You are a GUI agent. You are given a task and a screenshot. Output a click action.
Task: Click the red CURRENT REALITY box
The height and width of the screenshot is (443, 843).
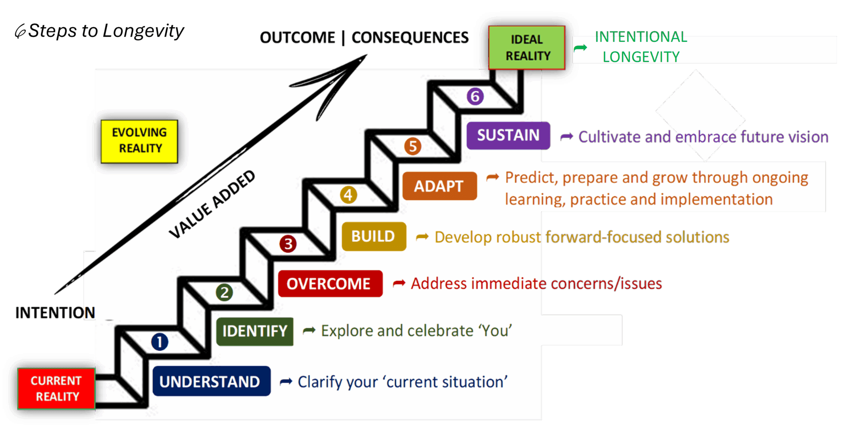point(56,389)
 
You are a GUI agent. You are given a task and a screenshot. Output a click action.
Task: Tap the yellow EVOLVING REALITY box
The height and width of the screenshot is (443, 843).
point(139,141)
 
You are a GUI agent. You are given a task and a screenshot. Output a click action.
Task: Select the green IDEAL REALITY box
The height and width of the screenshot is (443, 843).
point(527,48)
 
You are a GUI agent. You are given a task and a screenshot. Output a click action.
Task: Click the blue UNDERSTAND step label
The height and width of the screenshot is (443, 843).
point(211,381)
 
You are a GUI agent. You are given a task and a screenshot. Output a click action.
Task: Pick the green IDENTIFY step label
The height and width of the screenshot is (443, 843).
point(255,331)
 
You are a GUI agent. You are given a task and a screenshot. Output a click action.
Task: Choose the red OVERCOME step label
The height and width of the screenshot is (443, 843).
point(330,284)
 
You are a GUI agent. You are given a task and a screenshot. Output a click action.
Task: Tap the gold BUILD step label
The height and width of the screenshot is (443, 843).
point(374,236)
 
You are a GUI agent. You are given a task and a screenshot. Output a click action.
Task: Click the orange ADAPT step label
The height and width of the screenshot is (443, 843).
point(439,186)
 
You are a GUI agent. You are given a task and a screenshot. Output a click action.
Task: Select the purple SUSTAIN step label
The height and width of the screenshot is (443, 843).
point(508,135)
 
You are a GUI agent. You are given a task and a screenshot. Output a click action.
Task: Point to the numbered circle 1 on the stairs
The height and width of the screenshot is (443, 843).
point(160,342)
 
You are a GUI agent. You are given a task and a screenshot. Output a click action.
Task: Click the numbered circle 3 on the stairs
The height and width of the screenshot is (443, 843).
point(288,244)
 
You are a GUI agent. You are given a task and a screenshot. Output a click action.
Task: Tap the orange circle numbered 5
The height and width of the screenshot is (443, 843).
point(413,146)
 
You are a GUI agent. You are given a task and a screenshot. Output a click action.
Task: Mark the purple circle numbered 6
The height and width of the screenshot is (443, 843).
point(475,96)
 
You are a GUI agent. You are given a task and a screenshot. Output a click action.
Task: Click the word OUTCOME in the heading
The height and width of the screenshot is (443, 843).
point(297,38)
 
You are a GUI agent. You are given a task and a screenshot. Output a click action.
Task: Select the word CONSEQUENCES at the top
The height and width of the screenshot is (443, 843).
point(410,38)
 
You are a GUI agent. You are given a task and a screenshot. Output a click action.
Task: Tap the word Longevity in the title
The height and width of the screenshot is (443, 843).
point(143,32)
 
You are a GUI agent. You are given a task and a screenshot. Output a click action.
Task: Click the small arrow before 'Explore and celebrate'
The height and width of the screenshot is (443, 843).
point(309,330)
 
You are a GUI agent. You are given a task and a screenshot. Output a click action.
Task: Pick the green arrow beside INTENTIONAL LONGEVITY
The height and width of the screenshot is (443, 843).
point(580,48)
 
